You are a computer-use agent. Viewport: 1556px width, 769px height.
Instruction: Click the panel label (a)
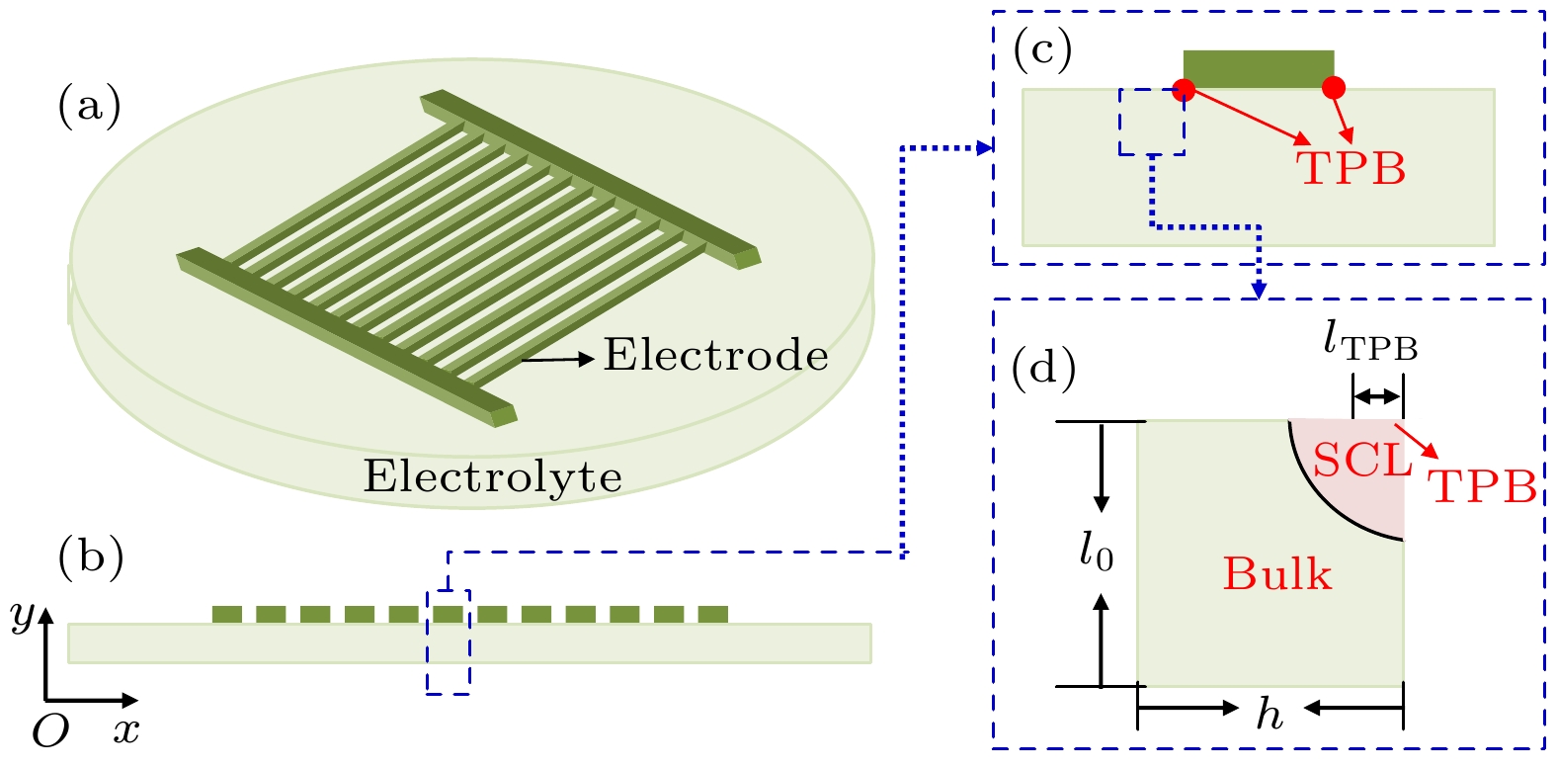(90, 106)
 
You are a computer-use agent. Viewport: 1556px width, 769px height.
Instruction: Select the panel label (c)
(1043, 50)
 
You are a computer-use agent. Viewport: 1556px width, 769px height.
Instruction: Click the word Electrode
(716, 355)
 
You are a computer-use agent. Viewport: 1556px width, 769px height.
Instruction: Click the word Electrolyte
(493, 476)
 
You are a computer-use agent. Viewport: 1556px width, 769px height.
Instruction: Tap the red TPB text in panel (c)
(1351, 168)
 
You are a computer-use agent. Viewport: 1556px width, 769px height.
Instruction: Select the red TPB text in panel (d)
(1482, 486)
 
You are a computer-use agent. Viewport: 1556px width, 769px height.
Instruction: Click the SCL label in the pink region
(1362, 461)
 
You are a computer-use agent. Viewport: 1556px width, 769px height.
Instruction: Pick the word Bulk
(1277, 574)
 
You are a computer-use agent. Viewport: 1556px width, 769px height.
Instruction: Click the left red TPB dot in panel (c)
(1184, 90)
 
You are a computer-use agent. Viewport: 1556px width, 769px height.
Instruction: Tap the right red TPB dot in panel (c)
(1334, 88)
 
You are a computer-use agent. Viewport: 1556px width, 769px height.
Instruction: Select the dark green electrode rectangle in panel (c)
(1259, 68)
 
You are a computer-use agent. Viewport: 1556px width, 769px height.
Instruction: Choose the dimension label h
(1269, 713)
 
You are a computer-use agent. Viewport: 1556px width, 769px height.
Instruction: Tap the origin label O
(50, 731)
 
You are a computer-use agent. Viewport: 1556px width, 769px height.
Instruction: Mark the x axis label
(125, 730)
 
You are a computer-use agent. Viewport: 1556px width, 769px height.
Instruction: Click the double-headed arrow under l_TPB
(1377, 397)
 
